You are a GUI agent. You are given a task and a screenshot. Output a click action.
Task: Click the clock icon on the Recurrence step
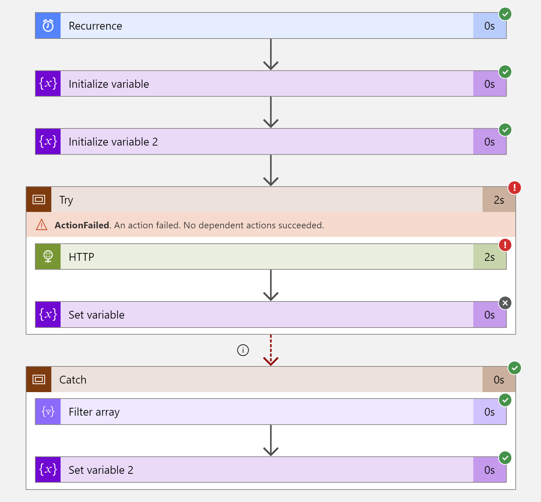[48, 26]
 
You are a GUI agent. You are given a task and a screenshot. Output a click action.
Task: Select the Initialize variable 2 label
[113, 142]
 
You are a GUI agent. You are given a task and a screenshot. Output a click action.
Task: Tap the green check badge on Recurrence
[505, 14]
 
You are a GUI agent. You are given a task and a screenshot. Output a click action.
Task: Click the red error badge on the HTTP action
[505, 245]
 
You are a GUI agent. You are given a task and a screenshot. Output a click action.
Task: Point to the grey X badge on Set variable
[505, 303]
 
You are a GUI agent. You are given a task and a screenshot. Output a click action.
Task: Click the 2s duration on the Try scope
[499, 200]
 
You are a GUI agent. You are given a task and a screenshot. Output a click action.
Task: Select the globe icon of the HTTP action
[48, 257]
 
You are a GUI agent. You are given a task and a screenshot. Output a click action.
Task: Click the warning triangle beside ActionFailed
[42, 225]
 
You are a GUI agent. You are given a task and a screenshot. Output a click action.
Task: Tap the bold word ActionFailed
[82, 225]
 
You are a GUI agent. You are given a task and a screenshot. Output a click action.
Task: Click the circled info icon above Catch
[243, 350]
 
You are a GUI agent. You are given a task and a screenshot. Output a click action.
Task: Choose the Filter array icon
[48, 412]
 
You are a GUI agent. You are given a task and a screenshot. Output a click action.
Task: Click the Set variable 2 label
[101, 470]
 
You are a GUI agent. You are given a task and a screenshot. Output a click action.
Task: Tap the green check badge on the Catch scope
[514, 368]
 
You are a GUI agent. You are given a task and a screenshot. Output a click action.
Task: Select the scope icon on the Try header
[39, 199]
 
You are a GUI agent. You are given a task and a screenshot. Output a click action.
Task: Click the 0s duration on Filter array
[489, 412]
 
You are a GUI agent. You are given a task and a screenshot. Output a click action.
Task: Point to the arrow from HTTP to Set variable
[271, 285]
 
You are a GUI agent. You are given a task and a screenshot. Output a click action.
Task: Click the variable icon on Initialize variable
[48, 84]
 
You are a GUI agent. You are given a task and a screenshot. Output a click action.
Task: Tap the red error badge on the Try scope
[514, 187]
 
